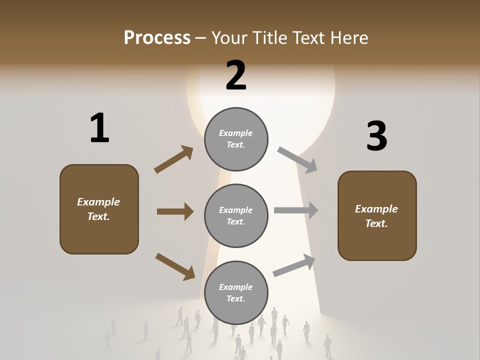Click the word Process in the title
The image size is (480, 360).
(157, 38)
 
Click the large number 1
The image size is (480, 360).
(99, 128)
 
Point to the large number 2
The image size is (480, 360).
(236, 75)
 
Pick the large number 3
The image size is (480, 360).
(376, 136)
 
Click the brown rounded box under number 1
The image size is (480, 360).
(99, 209)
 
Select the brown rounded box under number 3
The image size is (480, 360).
(377, 216)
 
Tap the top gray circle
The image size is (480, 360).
(236, 139)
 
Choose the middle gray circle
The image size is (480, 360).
(236, 216)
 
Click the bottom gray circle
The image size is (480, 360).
(236, 293)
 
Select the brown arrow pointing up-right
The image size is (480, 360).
(173, 159)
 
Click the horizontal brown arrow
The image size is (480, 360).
(175, 211)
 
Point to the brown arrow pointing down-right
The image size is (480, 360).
(175, 266)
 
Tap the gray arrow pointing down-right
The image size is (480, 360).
(297, 160)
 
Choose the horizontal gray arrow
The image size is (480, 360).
(296, 210)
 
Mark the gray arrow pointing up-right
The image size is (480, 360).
(294, 265)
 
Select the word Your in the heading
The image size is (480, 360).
(228, 38)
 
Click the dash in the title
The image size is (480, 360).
(201, 38)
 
